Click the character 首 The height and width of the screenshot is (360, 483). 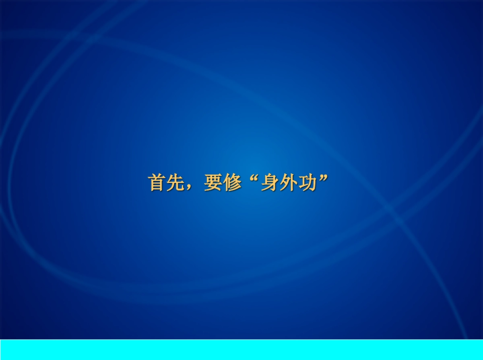157,183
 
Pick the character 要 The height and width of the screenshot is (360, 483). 213,183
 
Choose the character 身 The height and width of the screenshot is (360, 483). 269,183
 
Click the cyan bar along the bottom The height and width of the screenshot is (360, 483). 242,350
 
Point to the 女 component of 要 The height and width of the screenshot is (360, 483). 213,187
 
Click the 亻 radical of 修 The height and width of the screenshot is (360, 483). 226,183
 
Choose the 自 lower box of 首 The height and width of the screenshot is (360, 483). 157,185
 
